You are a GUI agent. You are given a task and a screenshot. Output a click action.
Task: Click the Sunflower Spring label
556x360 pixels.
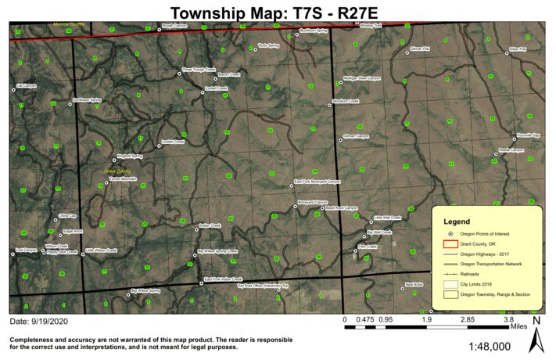pyautogui.click(x=87, y=100)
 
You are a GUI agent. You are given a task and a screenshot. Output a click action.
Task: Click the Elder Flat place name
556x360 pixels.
pyautogui.click(x=518, y=49)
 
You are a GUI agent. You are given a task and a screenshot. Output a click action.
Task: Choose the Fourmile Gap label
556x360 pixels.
pyautogui.click(x=529, y=135)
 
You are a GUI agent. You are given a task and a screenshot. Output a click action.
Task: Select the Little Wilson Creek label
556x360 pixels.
pyautogui.click(x=101, y=250)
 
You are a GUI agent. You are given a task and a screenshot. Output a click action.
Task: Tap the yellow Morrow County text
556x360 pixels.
pyautogui.click(x=69, y=24)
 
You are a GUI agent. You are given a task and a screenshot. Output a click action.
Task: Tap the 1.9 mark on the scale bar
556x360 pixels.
pyautogui.click(x=427, y=320)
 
